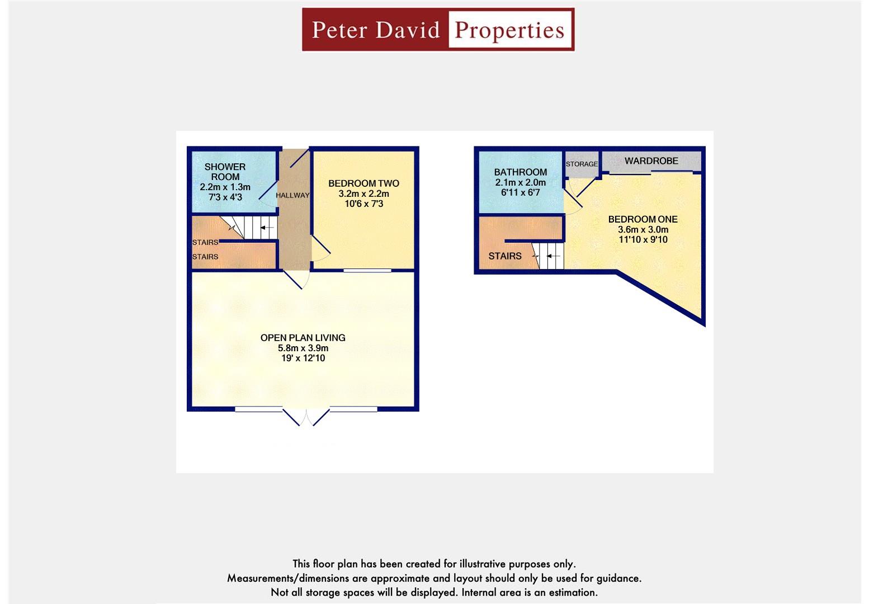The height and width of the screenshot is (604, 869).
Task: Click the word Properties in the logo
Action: tap(509, 30)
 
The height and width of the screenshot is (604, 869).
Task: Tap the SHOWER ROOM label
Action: tap(225, 172)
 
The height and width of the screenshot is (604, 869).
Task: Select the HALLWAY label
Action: tap(292, 195)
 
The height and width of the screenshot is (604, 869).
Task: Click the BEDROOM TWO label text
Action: tap(363, 183)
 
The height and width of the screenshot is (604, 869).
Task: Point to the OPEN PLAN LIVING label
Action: tap(303, 338)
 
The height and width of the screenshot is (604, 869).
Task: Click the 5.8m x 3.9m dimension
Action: tap(303, 348)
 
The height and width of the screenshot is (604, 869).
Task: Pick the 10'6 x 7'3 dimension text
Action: tap(364, 204)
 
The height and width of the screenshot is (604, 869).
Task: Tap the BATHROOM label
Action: tap(521, 172)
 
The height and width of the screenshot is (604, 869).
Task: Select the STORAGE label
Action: tap(582, 164)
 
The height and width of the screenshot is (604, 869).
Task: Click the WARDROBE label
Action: tap(651, 161)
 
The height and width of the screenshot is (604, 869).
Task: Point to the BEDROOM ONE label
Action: tap(643, 219)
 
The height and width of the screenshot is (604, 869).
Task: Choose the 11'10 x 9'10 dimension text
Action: tap(643, 239)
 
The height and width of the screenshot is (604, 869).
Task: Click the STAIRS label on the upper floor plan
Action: tap(505, 256)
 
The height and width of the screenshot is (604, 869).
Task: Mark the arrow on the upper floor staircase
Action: tap(552, 256)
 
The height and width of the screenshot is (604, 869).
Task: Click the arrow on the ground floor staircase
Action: tap(267, 228)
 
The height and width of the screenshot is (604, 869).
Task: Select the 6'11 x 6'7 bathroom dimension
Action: tap(521, 192)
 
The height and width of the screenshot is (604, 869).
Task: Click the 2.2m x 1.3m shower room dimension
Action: tap(225, 187)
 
